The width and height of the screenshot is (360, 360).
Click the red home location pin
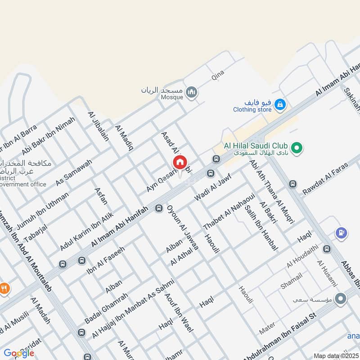coord(180,163)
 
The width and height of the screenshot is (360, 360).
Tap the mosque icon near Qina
coord(192,92)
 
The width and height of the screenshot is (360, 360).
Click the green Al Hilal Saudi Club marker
coord(296,147)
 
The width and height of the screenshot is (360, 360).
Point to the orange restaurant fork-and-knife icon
coord(4,288)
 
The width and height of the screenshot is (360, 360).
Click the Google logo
coord(19,353)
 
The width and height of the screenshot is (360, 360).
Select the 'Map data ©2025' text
coord(335,355)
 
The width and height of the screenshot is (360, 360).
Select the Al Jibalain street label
coord(99,126)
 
